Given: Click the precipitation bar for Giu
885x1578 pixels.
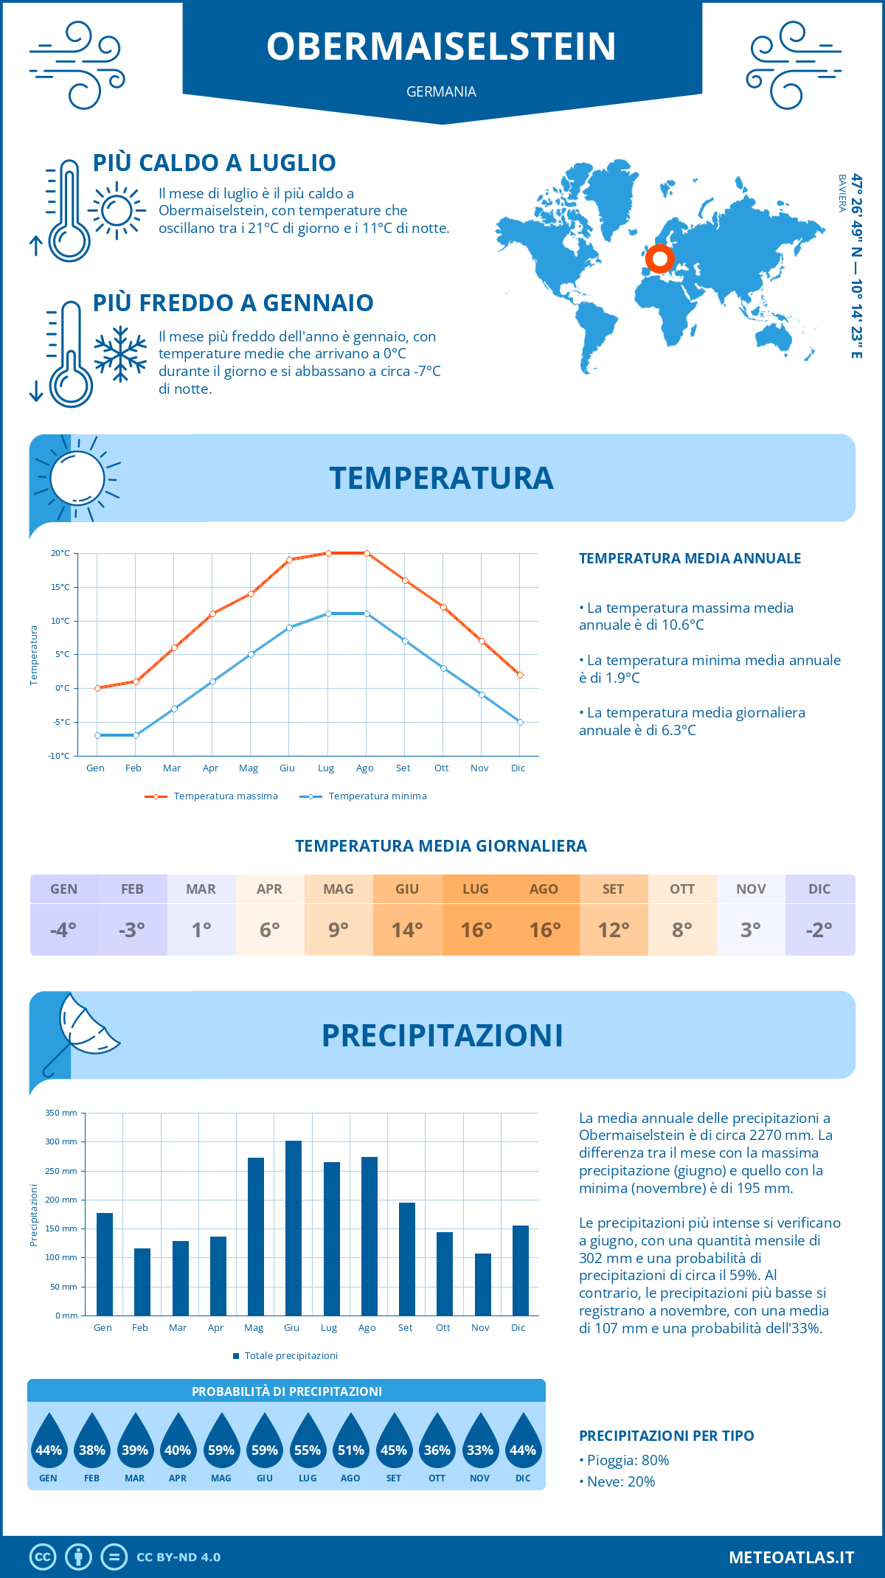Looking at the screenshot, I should [x=293, y=1228].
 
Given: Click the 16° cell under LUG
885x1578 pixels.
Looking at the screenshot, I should [x=476, y=930].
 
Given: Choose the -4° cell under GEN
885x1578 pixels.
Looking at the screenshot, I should [x=63, y=930].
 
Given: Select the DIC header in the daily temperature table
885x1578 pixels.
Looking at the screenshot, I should [x=819, y=889].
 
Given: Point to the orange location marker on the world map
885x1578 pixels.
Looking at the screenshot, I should [x=659, y=259].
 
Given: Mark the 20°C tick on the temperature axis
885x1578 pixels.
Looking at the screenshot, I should [x=60, y=553].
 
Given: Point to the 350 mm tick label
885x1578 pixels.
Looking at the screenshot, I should [x=61, y=1113].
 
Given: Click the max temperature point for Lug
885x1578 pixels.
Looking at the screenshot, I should [x=328, y=553].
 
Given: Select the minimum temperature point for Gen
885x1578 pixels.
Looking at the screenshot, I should [x=97, y=735].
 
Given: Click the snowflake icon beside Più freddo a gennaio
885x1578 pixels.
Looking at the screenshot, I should [x=120, y=354].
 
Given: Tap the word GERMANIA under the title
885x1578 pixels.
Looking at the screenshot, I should [x=441, y=91].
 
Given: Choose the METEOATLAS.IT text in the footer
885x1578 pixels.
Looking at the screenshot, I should [x=791, y=1557].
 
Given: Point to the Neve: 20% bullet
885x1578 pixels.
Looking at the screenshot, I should [x=618, y=1482].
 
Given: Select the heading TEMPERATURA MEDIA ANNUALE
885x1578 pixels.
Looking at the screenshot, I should [x=690, y=558].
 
